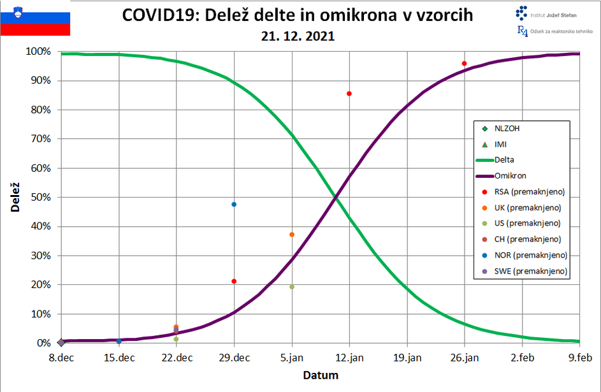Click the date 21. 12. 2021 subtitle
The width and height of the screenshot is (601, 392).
click(298, 36)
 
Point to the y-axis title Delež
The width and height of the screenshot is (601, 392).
click(14, 196)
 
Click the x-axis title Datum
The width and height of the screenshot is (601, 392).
click(320, 375)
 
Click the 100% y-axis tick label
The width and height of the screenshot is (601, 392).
click(38, 52)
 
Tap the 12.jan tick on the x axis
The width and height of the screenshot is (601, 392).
click(349, 358)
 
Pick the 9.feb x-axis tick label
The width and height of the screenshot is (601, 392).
click(579, 358)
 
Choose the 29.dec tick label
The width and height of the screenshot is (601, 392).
click(234, 358)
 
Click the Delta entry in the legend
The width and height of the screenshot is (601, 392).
click(503, 160)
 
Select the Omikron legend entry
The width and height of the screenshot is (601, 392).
click(509, 176)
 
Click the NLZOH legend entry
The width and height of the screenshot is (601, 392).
click(507, 128)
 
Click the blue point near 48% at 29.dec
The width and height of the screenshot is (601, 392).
click(234, 205)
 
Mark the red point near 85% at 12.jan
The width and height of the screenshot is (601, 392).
click(349, 94)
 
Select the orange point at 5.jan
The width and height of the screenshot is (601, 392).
click(292, 235)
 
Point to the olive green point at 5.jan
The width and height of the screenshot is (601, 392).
click(292, 287)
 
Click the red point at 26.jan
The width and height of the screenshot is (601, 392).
click(465, 64)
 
